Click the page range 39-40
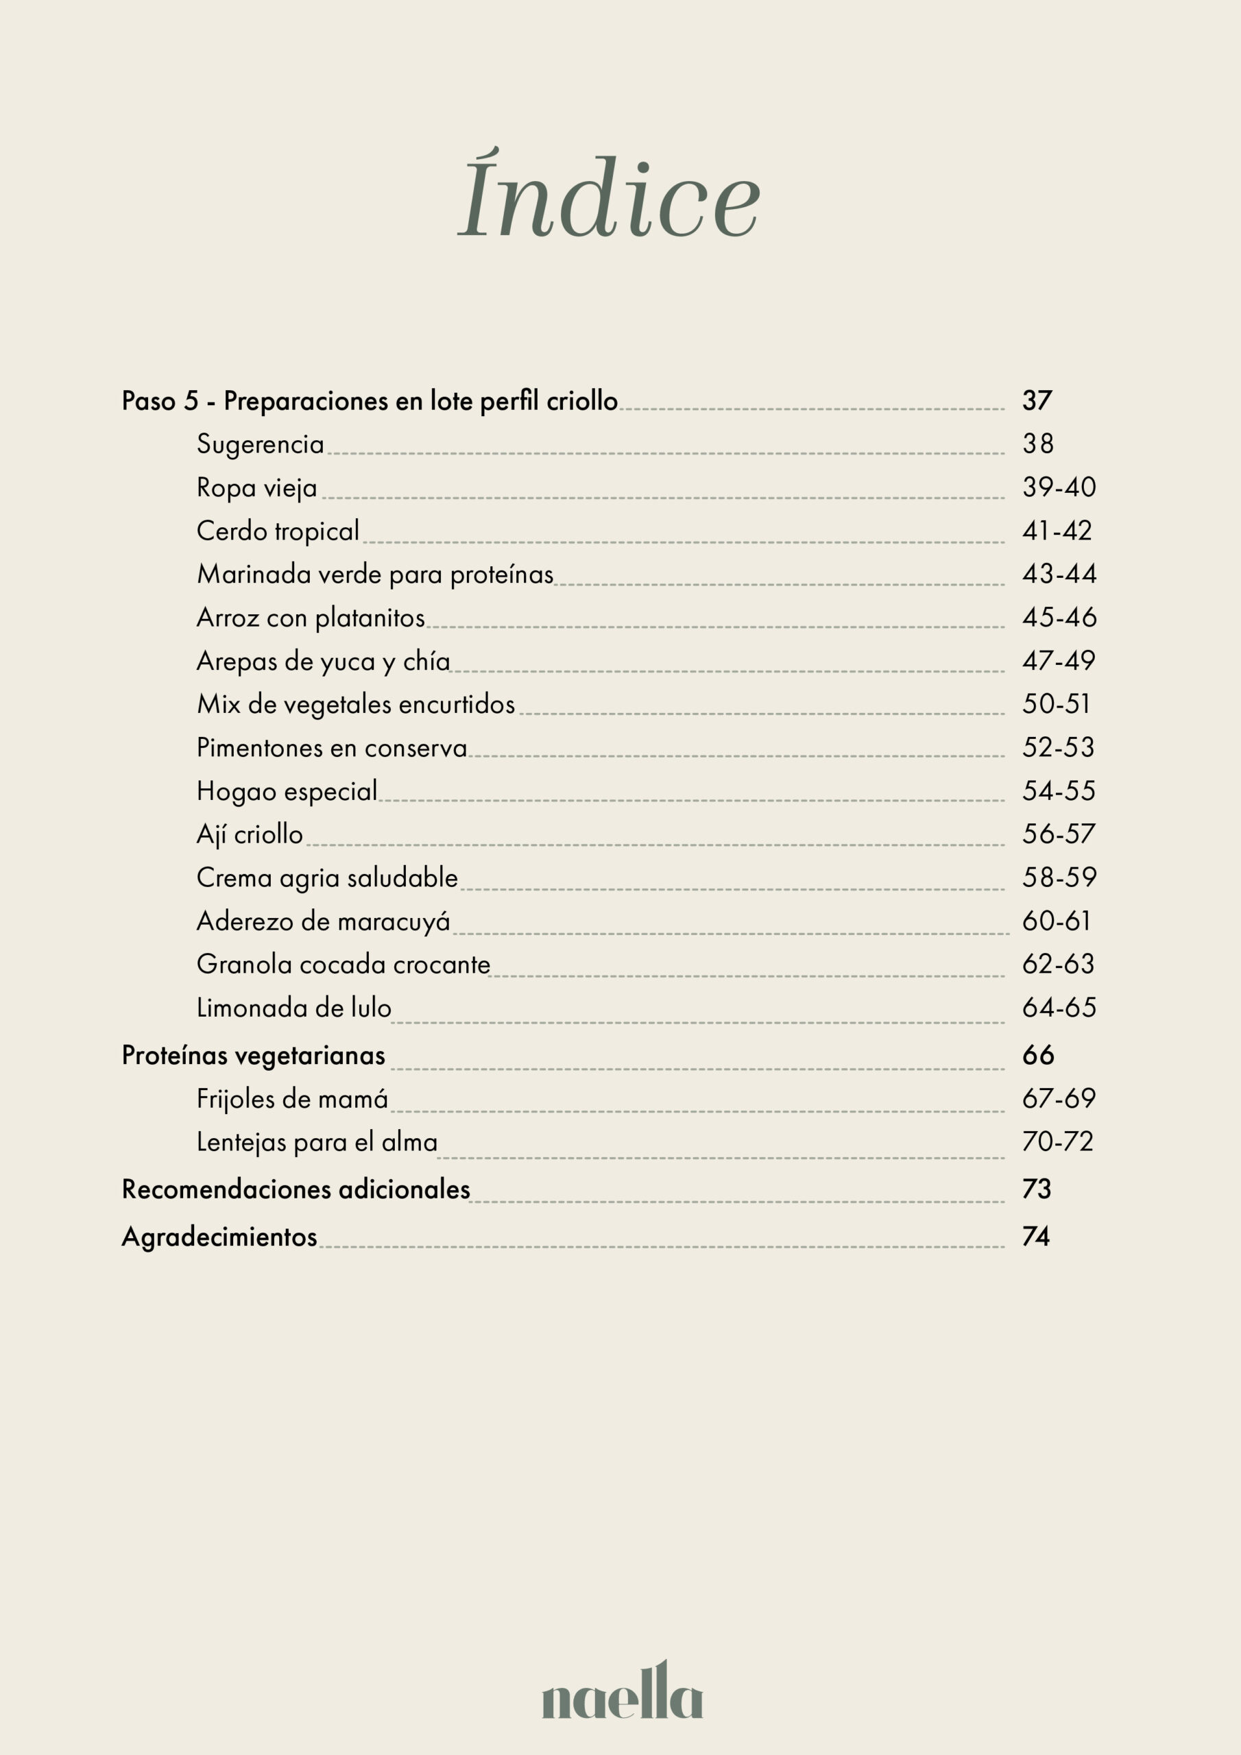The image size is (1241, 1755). [x=1059, y=487]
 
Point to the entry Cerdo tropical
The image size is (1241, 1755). [x=278, y=531]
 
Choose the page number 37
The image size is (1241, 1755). [x=1037, y=400]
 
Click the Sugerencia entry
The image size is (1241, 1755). [x=260, y=444]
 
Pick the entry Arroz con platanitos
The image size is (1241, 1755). [x=311, y=618]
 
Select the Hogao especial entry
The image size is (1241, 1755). [x=287, y=791]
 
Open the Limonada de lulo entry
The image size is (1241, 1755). [x=293, y=1008]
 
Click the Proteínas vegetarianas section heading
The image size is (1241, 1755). [x=253, y=1056]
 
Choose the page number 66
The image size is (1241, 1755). [x=1037, y=1056]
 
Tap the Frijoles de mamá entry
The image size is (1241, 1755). [x=292, y=1099]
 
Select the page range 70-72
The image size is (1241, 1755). [x=1057, y=1142]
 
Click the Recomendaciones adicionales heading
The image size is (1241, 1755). [x=296, y=1189]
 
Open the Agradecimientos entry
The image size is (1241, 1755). [x=219, y=1237]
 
